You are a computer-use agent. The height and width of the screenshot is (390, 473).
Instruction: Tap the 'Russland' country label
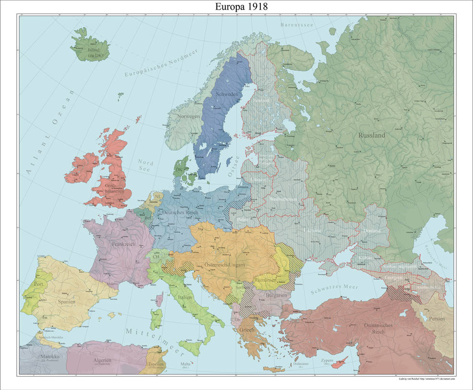click(x=372, y=135)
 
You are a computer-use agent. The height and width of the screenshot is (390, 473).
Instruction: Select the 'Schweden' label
click(x=227, y=94)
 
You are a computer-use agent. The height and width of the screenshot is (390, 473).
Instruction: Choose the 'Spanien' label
click(x=67, y=302)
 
